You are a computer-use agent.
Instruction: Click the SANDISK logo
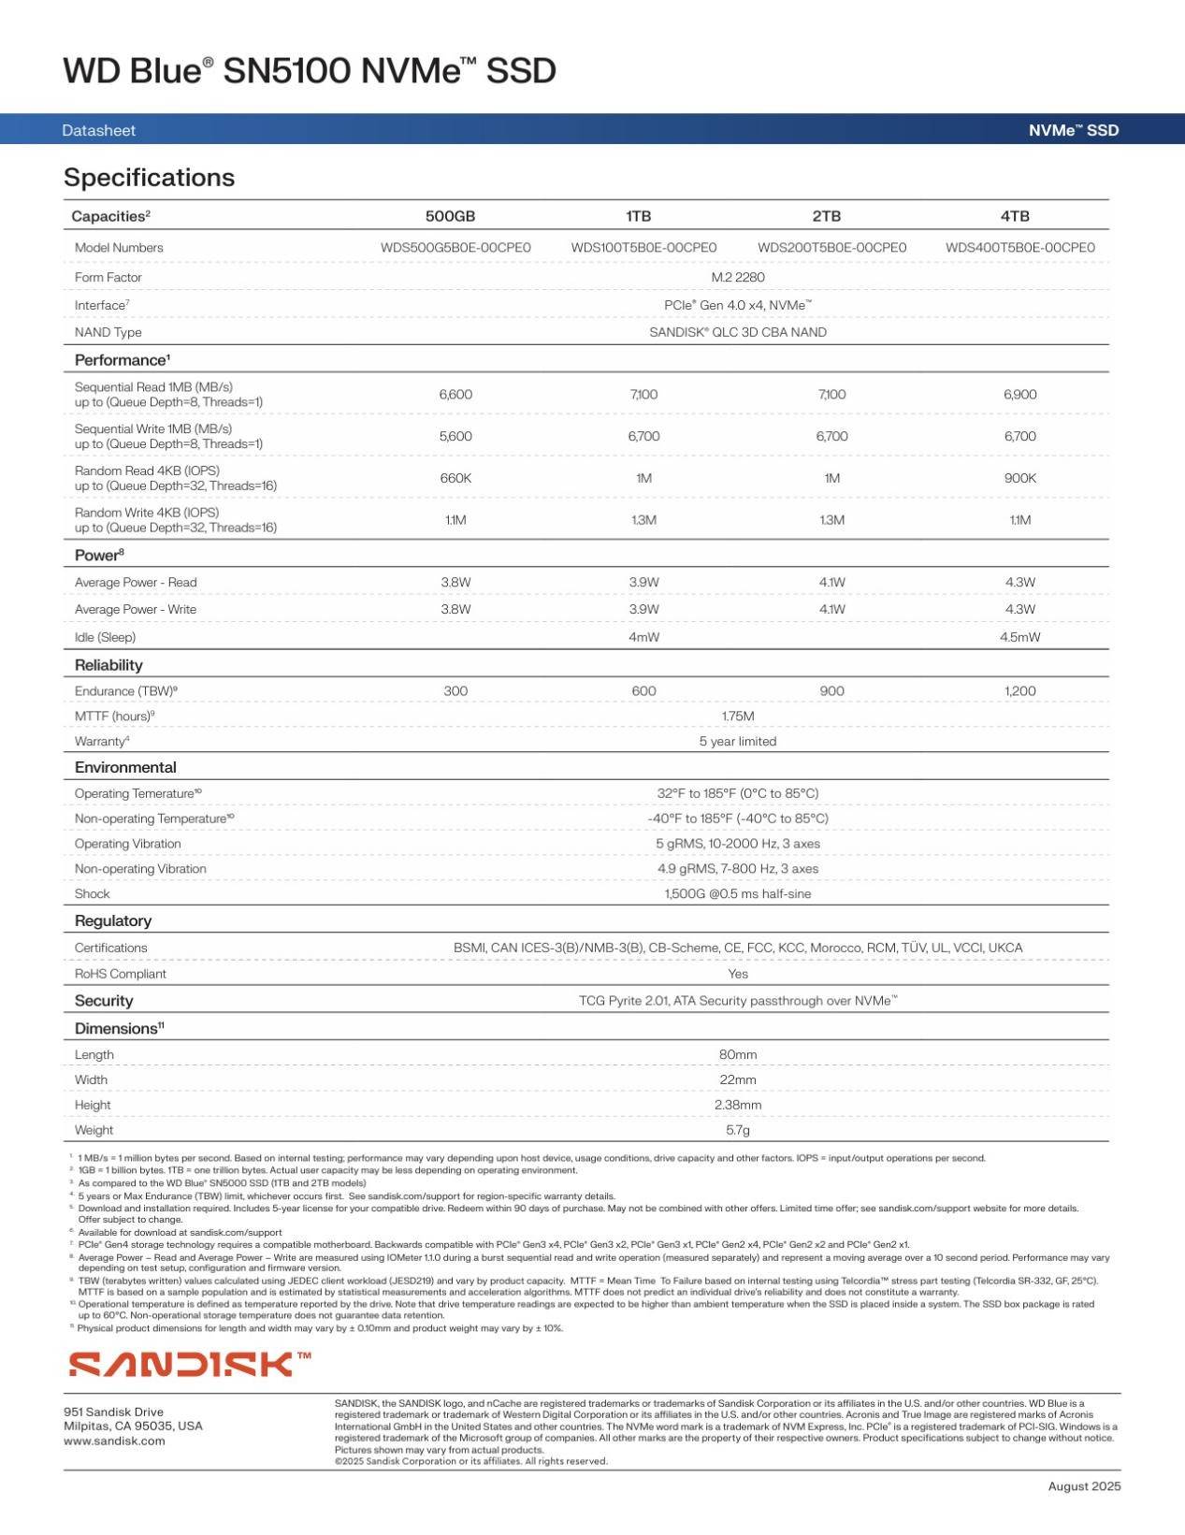(190, 1364)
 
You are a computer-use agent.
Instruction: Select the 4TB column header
(1015, 216)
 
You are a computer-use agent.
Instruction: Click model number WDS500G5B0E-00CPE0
(455, 248)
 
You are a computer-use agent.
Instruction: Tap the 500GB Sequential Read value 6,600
(455, 395)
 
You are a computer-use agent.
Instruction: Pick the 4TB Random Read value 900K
(1019, 478)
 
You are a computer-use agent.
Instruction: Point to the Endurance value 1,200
(1019, 691)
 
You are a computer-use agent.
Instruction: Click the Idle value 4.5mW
(1019, 637)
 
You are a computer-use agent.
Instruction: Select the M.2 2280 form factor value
(738, 278)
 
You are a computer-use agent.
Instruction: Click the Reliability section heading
(108, 665)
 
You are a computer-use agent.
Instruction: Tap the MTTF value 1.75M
(738, 717)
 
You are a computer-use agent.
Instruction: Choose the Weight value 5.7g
(738, 1130)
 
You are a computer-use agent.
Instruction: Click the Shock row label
(93, 894)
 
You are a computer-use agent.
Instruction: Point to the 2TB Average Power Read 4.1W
(831, 583)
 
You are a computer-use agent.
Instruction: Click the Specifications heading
(149, 178)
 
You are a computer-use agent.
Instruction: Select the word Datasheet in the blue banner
(98, 131)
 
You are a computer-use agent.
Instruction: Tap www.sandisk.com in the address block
(114, 1441)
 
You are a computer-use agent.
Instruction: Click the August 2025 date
(1084, 1486)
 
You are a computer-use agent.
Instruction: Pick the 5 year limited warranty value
(738, 742)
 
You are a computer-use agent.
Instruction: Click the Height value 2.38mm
(738, 1105)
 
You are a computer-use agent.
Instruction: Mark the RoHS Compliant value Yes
(738, 974)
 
